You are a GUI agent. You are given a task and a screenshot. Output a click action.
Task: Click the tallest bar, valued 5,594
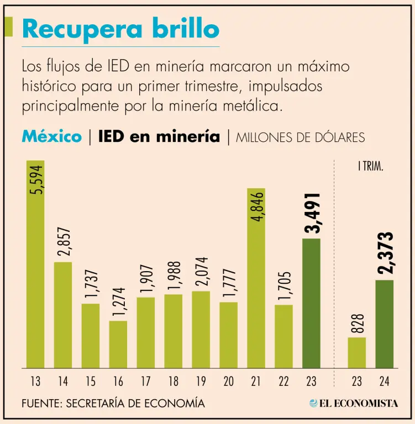pos(35,265)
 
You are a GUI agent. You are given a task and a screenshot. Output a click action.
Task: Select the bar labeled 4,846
pos(256,279)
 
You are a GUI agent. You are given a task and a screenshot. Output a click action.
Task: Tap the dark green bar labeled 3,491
pos(311,303)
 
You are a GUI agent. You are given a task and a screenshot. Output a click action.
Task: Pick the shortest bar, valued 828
pos(356,353)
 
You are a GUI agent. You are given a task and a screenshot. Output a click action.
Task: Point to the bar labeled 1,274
pos(118,344)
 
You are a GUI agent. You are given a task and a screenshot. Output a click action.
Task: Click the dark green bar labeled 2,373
pos(384,324)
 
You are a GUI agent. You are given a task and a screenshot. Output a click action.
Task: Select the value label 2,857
pos(63,241)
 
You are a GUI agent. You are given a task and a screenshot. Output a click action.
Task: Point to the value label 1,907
pos(146,278)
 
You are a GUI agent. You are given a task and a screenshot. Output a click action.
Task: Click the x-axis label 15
pos(90,381)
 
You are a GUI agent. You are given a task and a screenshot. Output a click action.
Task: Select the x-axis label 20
pos(228,381)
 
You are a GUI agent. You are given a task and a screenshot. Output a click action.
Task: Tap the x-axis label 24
pos(384,381)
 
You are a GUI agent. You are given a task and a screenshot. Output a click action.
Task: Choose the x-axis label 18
pos(173,381)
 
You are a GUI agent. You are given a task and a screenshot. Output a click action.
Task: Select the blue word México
pos(51,136)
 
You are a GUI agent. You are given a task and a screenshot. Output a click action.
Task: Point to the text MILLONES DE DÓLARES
pos(300,137)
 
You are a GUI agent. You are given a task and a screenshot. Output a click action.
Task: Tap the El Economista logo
pos(354,404)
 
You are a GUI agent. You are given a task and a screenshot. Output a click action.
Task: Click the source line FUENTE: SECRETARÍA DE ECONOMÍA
pos(113,404)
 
